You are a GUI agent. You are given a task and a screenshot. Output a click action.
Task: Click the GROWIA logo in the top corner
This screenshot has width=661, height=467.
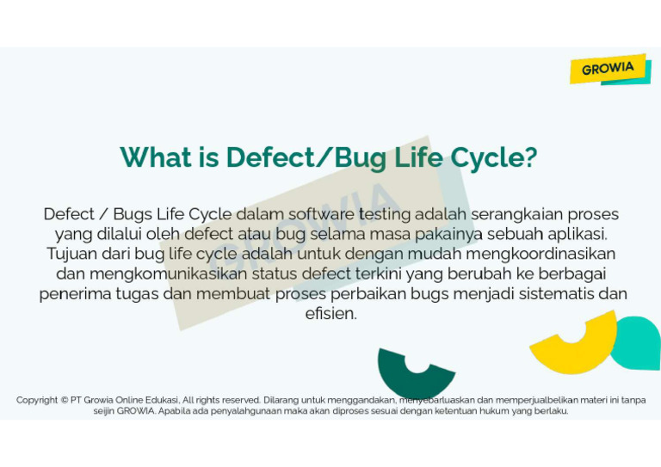[x=608, y=69]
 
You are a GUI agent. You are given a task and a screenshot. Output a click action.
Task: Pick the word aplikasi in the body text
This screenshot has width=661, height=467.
[x=578, y=234]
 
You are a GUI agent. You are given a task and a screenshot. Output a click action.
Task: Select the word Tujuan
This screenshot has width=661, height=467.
[x=75, y=254]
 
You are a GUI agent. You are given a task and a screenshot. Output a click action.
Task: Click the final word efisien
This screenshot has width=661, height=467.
[x=330, y=314]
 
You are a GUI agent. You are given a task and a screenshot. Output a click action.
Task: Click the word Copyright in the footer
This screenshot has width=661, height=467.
[x=37, y=400]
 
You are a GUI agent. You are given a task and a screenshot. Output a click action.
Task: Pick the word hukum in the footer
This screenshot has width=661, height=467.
[x=488, y=411]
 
